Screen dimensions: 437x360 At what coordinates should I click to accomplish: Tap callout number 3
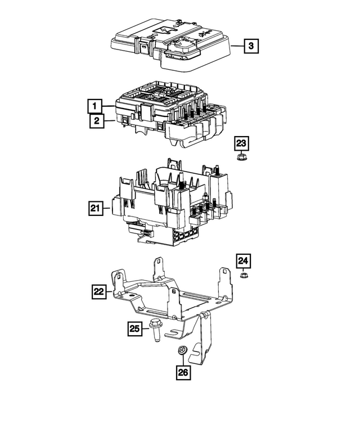tap(251, 45)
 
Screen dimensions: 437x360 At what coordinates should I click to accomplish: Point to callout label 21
tap(96, 209)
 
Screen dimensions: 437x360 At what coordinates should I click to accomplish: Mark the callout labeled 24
tap(244, 260)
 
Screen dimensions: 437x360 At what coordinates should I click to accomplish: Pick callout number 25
tap(134, 328)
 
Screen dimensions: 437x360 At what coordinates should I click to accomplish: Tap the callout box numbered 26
tap(183, 372)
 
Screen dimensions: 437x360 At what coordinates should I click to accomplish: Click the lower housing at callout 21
tap(169, 208)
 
